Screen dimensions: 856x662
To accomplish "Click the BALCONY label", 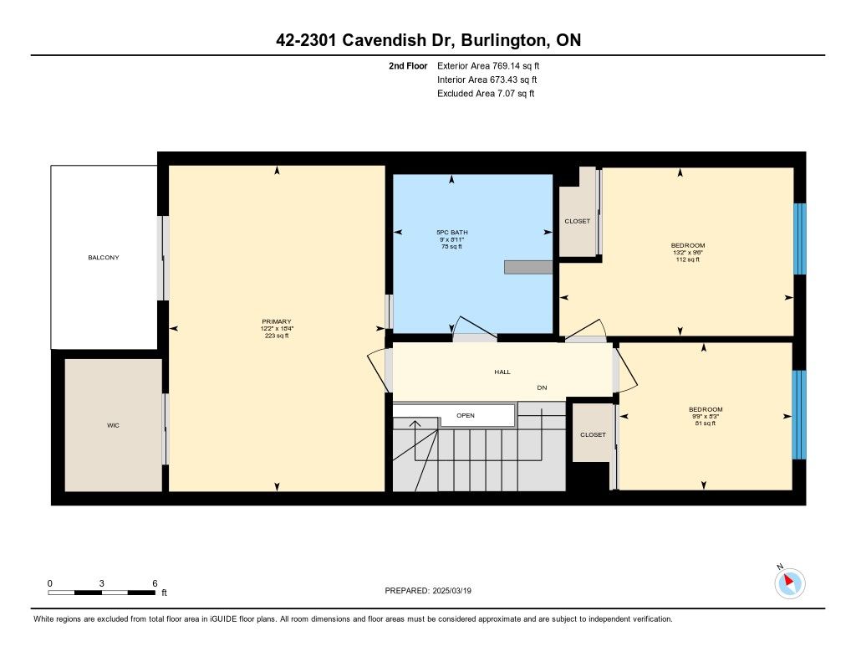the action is (x=103, y=258).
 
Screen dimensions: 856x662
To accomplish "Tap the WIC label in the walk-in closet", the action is (x=113, y=425).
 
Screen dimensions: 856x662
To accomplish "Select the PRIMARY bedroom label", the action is (x=277, y=321).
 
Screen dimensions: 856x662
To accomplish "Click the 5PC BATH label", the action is (x=452, y=233).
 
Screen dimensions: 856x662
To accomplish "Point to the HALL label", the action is (x=502, y=372).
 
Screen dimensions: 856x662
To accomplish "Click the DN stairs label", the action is (x=542, y=387).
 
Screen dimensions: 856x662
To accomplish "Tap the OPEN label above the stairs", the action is (x=466, y=415).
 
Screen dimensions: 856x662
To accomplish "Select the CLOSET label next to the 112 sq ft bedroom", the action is (x=577, y=222).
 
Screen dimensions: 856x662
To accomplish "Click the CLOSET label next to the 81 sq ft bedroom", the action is (x=593, y=434).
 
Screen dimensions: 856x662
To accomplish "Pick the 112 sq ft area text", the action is (x=688, y=259).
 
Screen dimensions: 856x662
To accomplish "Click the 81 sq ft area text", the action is (x=706, y=423).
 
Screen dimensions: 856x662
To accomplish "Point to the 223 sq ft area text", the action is (x=277, y=336).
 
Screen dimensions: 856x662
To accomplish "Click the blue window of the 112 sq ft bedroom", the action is (x=799, y=239).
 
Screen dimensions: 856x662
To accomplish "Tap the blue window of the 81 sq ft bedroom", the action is (x=798, y=415).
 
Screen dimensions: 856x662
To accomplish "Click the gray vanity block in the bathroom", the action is (x=528, y=267).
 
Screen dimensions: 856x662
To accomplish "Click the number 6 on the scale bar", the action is (x=155, y=583).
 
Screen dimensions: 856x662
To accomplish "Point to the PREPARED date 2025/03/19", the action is (x=452, y=590).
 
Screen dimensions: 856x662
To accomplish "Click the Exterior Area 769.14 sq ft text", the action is (x=488, y=65).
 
